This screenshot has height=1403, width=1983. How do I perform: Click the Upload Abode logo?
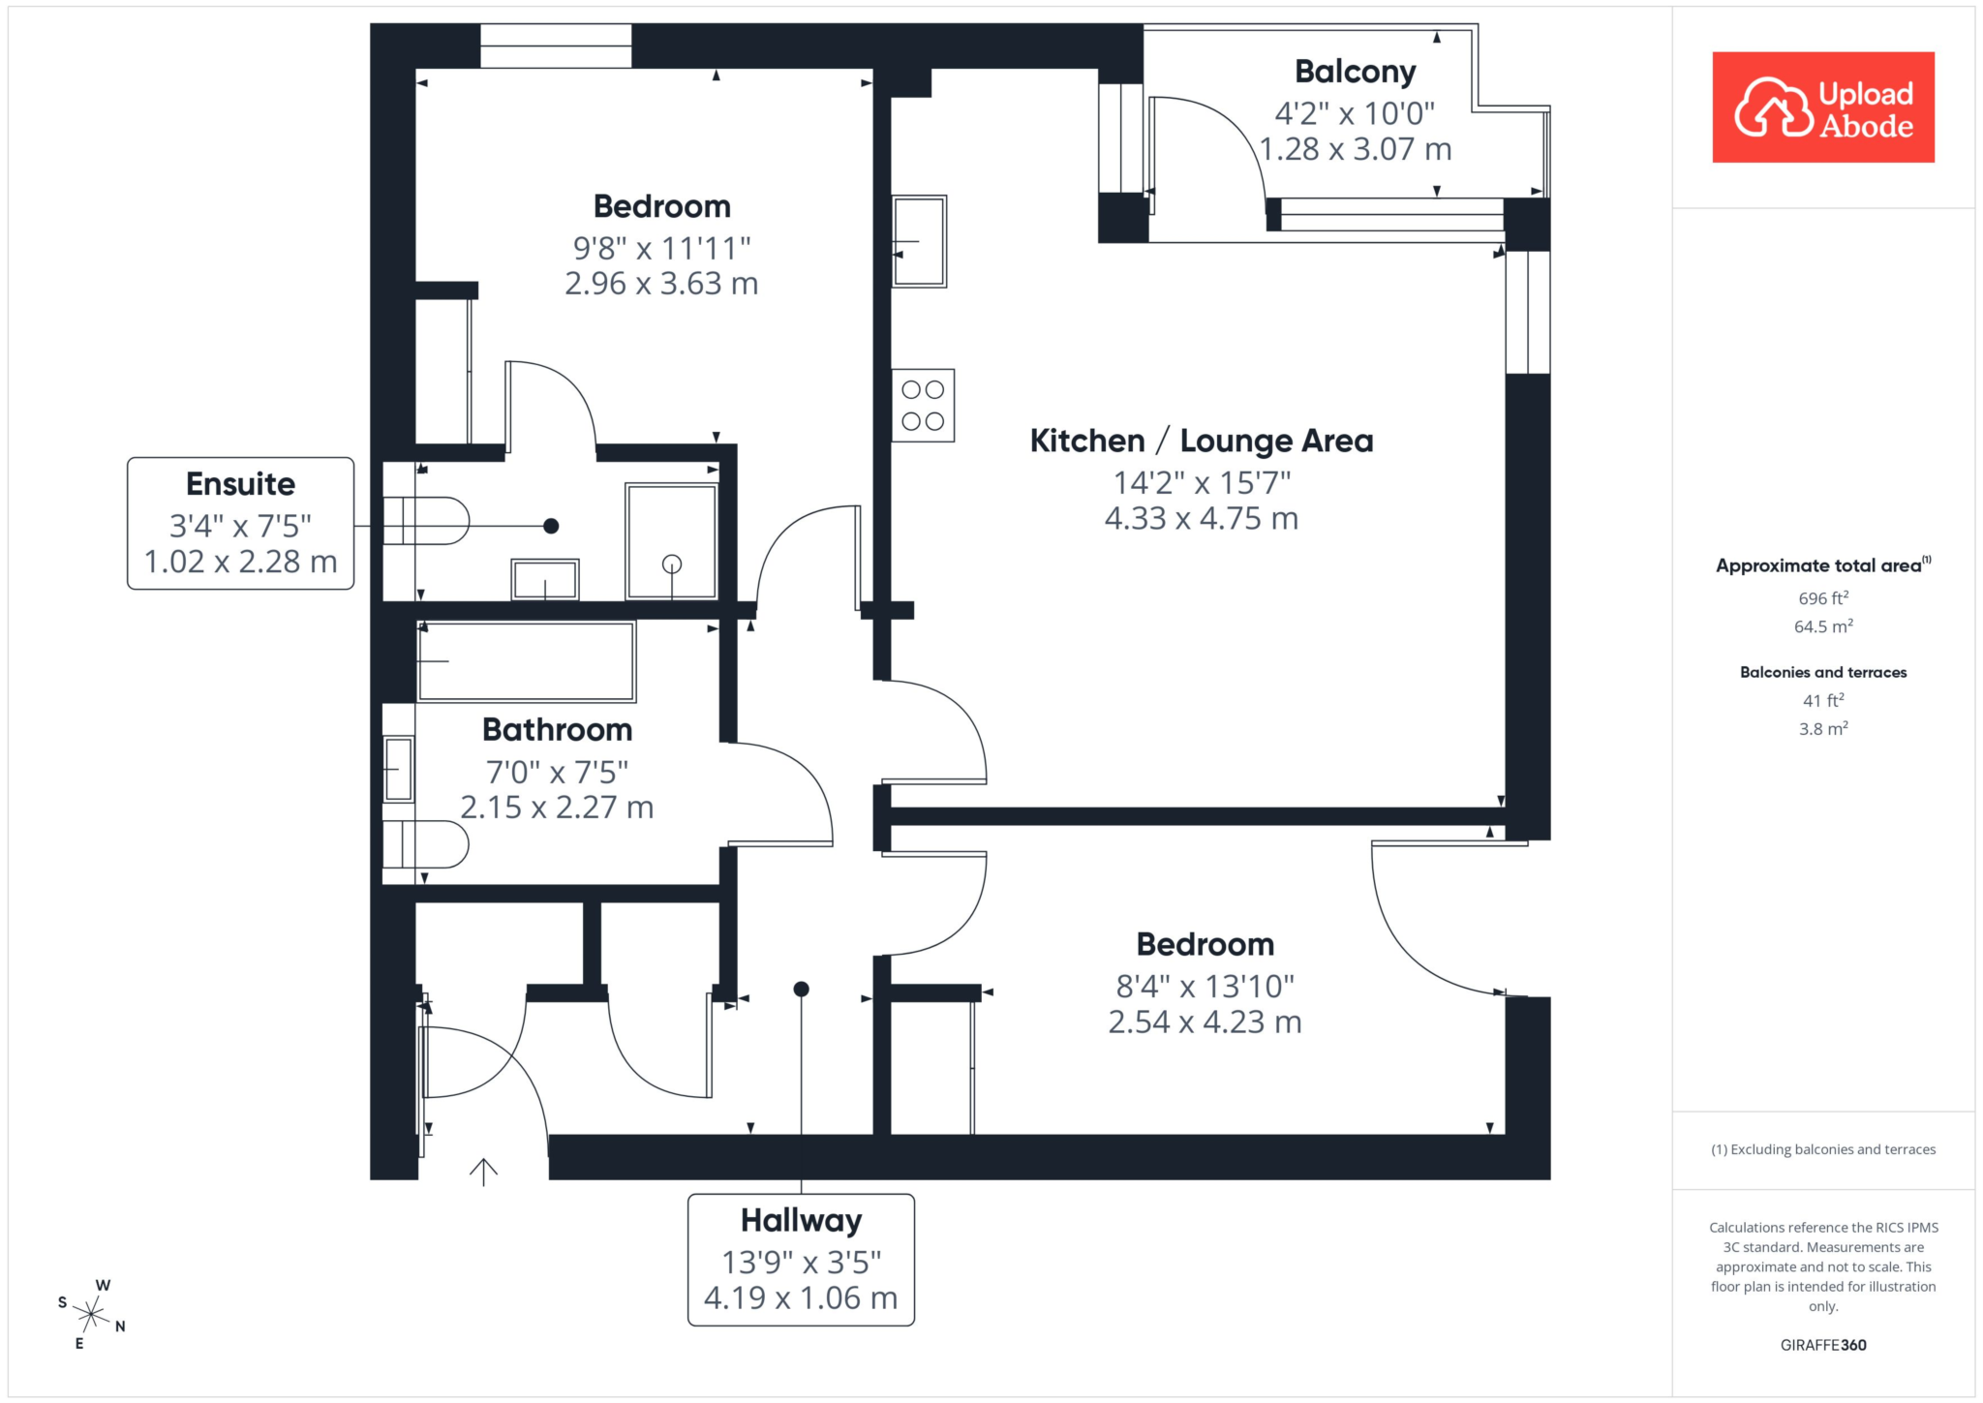[x=1823, y=107]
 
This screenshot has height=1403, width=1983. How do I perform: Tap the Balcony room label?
[x=1355, y=72]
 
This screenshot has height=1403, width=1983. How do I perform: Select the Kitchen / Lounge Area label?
[x=1202, y=441]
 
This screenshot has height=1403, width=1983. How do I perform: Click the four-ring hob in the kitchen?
[x=923, y=406]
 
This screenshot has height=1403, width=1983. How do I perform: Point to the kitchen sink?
[x=919, y=241]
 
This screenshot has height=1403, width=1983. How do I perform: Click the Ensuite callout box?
[x=241, y=523]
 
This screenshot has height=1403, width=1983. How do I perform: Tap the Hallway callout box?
[x=802, y=1260]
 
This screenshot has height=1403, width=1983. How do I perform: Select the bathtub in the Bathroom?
[x=527, y=661]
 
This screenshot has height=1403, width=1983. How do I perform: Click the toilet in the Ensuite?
[x=426, y=521]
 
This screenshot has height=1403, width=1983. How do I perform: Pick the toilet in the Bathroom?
[x=426, y=844]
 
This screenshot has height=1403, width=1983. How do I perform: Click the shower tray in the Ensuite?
[x=672, y=541]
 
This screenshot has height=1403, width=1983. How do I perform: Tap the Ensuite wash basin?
[x=545, y=579]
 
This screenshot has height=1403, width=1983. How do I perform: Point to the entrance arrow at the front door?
[x=483, y=1172]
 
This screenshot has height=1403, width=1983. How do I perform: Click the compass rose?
[x=92, y=1314]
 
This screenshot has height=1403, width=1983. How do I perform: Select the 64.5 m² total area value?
[x=1823, y=626]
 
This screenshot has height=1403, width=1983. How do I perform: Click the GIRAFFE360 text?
[x=1823, y=1345]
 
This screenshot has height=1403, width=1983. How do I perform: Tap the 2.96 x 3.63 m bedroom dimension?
[x=661, y=284]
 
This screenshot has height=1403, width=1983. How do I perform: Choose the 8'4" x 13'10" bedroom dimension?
[x=1205, y=987]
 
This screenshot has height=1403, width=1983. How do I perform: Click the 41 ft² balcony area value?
[x=1823, y=700]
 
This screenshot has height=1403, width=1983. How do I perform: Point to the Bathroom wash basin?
[x=398, y=769]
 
